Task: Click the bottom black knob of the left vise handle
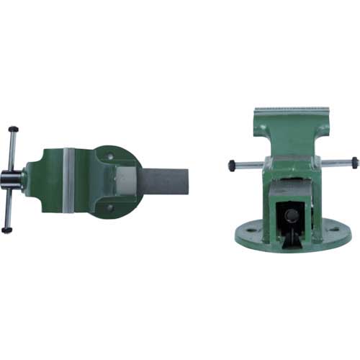(7, 230)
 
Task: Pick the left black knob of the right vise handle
(233, 164)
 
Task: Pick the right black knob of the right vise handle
(354, 163)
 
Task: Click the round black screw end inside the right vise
(292, 215)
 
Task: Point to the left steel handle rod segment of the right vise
(248, 164)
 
